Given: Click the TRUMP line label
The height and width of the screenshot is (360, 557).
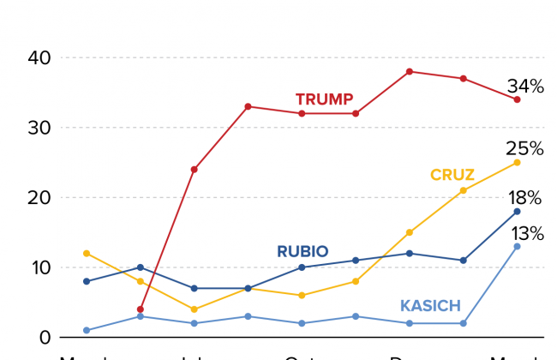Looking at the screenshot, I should [324, 99].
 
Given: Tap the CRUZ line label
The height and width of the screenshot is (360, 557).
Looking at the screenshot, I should [452, 176].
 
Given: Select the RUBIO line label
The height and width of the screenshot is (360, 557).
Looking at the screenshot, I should [302, 252].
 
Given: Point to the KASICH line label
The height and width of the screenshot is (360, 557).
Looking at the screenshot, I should [430, 306].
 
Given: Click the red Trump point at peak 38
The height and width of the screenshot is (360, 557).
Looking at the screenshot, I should [410, 71].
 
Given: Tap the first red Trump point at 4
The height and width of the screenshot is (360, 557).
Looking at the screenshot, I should [140, 309].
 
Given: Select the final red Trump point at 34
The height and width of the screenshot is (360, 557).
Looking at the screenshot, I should [518, 99].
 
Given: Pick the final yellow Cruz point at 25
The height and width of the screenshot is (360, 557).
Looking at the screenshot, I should [518, 162].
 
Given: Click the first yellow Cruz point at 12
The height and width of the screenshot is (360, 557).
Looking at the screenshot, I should [86, 253].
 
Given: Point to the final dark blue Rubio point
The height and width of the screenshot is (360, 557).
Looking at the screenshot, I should [518, 211].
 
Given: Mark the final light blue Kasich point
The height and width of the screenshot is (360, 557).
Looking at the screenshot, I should [518, 246].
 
